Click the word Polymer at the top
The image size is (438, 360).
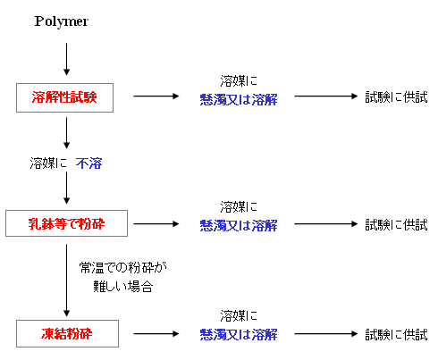[62, 21]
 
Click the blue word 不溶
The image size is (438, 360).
[88, 163]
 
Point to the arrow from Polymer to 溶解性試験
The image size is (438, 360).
[66, 59]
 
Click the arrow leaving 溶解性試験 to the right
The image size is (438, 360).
[156, 96]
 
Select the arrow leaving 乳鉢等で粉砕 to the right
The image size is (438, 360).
[156, 224]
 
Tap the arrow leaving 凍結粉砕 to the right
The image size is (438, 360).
[156, 334]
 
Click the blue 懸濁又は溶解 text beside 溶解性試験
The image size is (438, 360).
[239, 99]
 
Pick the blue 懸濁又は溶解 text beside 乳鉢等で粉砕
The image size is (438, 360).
[239, 226]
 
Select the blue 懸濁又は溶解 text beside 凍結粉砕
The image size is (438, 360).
[239, 335]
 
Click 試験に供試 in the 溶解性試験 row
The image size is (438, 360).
[396, 97]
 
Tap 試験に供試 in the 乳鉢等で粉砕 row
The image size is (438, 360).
[396, 225]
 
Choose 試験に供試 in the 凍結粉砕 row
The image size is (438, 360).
[396, 335]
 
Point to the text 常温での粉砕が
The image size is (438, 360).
[122, 267]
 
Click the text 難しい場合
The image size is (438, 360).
[123, 286]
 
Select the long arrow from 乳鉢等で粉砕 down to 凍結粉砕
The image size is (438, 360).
[66, 280]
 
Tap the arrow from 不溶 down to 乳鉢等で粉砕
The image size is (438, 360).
[66, 188]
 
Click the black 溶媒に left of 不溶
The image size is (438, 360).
[48, 163]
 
